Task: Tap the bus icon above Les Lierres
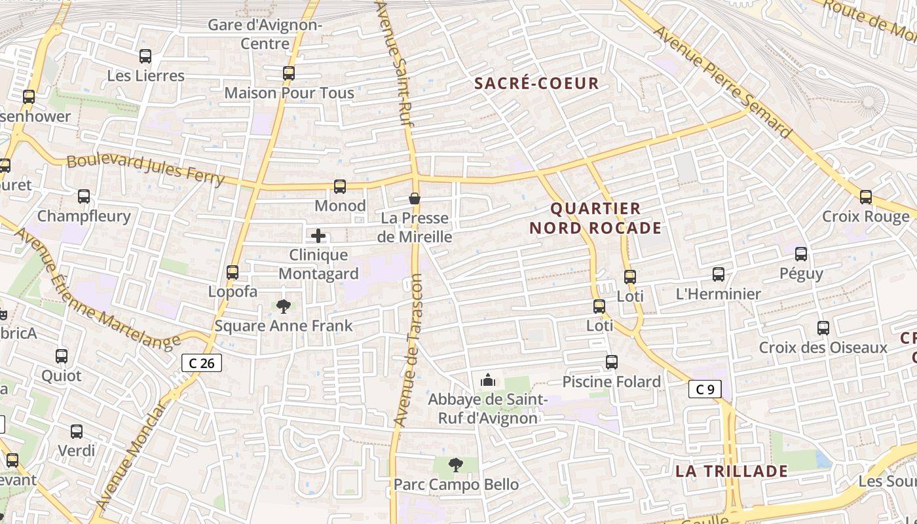click(x=145, y=57)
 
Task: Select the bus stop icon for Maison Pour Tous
click(x=289, y=73)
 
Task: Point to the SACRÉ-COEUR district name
click(x=536, y=84)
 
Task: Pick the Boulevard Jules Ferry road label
click(x=145, y=168)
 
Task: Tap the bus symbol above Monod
click(x=339, y=187)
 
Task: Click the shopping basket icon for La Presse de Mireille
click(x=415, y=198)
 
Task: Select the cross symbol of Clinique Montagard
click(x=318, y=236)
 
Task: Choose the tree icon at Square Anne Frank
click(x=284, y=306)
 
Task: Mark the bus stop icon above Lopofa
click(x=233, y=272)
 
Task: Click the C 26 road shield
click(x=202, y=363)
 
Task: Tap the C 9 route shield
click(x=705, y=390)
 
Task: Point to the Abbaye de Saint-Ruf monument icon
click(x=488, y=380)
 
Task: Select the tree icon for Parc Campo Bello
click(x=456, y=465)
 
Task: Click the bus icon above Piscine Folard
click(x=612, y=362)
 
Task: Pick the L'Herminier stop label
click(x=718, y=294)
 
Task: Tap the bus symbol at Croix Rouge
click(x=866, y=196)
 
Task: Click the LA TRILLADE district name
click(x=731, y=472)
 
